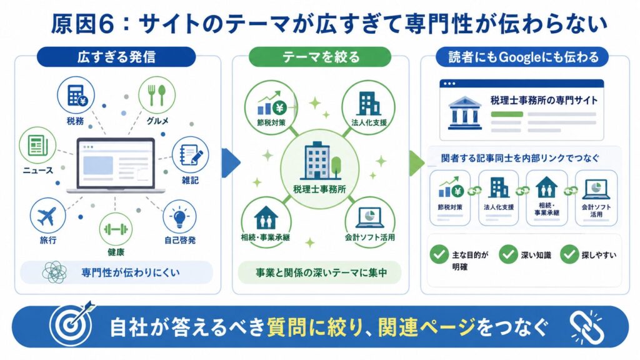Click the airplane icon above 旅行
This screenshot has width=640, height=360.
(x=47, y=216)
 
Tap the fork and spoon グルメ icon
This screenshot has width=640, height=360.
(x=157, y=95)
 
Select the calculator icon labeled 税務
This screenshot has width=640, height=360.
(x=76, y=96)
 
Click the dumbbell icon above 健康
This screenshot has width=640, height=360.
(x=116, y=229)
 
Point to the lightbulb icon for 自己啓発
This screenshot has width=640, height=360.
(x=179, y=217)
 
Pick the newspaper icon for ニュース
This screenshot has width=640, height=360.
(x=37, y=146)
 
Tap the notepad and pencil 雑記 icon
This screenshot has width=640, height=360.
(x=190, y=155)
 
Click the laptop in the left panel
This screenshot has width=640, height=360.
(x=116, y=165)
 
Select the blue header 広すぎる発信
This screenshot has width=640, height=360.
(x=116, y=57)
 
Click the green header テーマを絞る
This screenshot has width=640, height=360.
(x=321, y=57)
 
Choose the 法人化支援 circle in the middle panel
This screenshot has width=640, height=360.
(x=369, y=107)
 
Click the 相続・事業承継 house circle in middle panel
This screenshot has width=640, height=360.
(x=266, y=221)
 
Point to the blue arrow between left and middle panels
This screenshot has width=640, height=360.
(x=231, y=163)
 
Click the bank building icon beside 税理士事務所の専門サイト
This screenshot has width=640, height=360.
(x=464, y=112)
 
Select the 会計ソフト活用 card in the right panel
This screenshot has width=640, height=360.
(x=596, y=198)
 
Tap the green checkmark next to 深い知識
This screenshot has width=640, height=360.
(x=508, y=254)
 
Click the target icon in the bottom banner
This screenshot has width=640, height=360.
(x=72, y=324)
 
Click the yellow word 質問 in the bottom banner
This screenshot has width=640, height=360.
(x=287, y=327)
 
